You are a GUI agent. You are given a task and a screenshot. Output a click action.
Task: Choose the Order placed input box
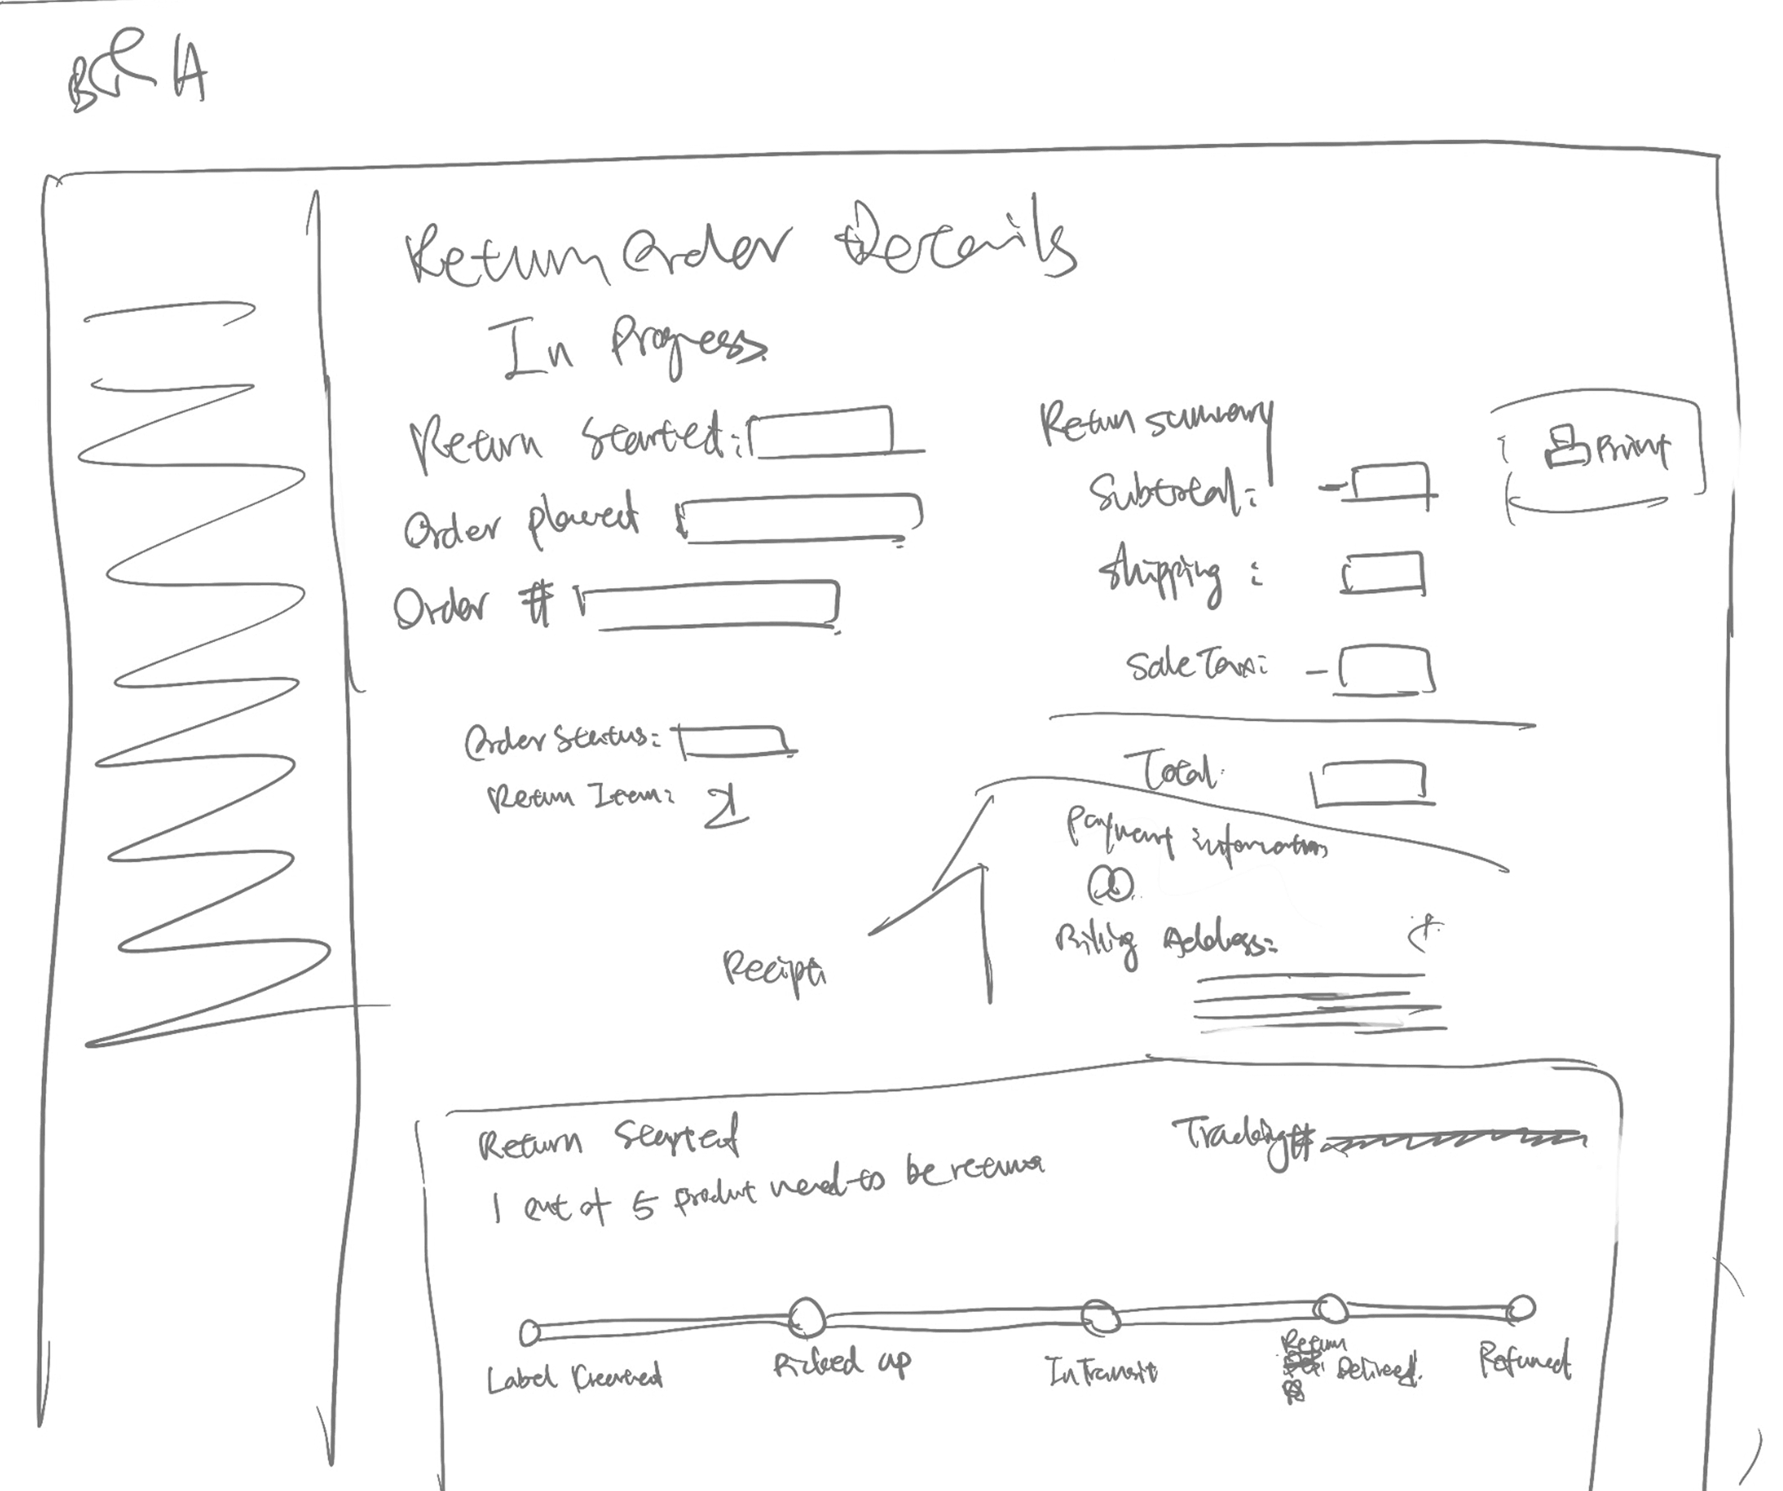click(x=802, y=518)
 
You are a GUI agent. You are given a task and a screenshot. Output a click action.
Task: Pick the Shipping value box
click(x=1382, y=574)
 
